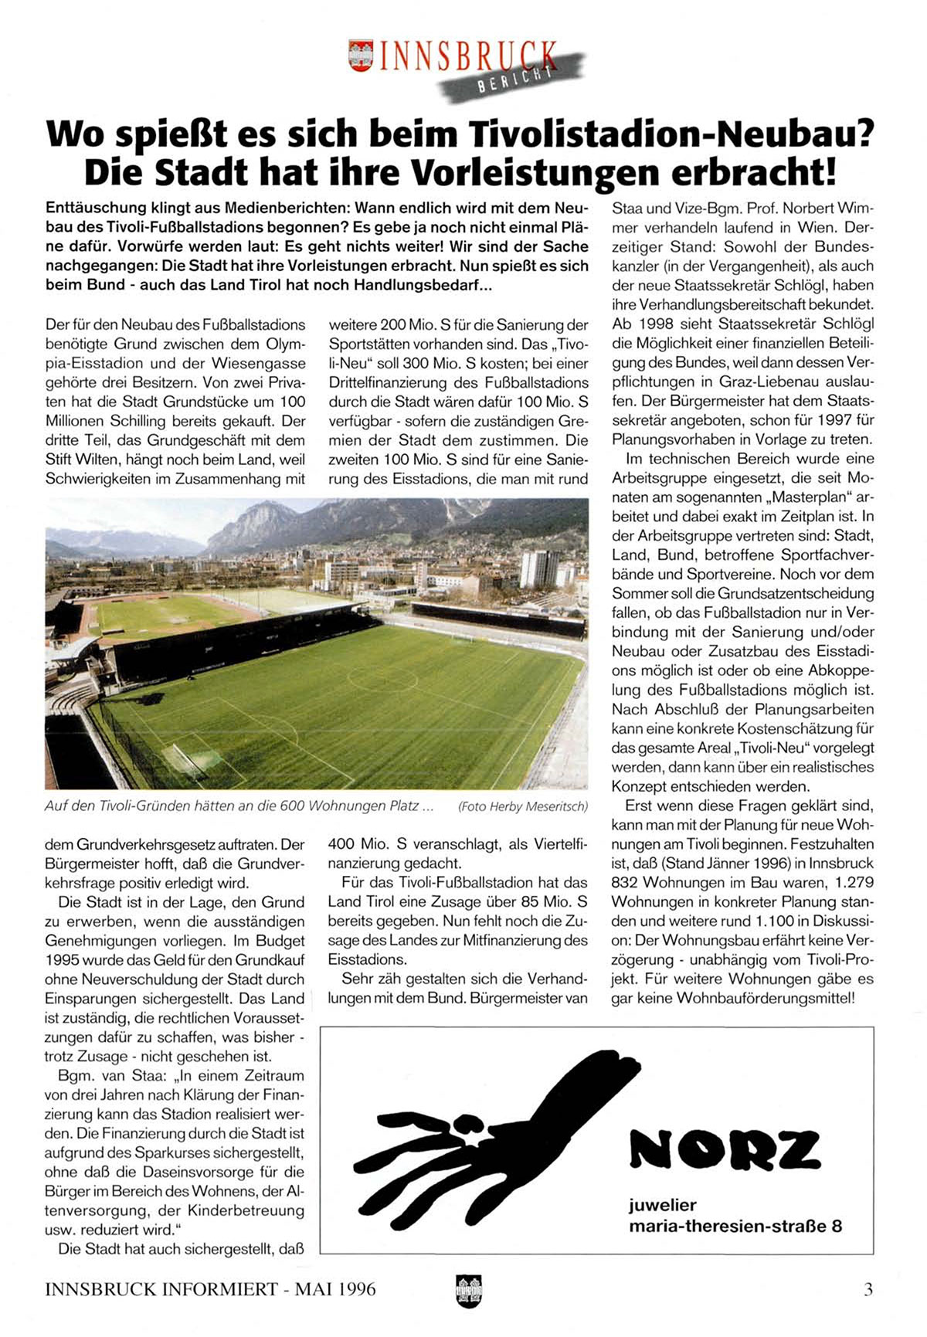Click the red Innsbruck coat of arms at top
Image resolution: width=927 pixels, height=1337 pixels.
(361, 56)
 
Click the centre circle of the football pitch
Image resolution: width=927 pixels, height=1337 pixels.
(382, 677)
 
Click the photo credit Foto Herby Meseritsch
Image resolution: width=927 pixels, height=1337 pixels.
(523, 806)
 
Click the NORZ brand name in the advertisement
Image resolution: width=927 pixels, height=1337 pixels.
(725, 1149)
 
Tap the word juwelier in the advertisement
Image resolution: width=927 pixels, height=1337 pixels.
(663, 1205)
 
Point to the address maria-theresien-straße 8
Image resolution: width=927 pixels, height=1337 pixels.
(735, 1226)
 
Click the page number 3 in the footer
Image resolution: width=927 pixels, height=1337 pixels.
(868, 1289)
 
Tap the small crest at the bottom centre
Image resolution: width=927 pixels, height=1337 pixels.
(469, 1291)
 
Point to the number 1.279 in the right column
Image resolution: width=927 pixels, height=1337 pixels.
(853, 883)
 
